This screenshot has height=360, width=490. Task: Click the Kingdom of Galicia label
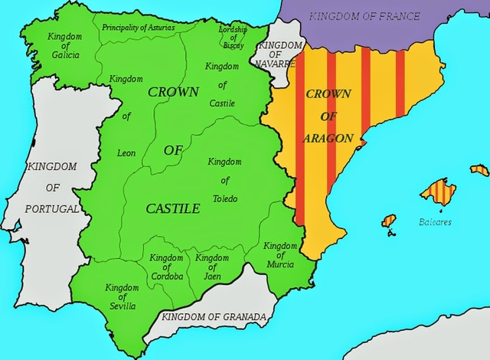64,47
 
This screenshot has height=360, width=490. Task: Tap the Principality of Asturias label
138,28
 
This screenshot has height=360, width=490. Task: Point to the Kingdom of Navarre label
276,54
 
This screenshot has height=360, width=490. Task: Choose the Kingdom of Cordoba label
166,267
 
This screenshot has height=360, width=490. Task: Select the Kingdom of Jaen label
212,267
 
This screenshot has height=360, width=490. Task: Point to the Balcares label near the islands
435,222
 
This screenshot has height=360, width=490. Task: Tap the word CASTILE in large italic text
172,208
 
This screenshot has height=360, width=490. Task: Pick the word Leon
126,153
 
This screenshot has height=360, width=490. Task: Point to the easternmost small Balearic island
479,170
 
